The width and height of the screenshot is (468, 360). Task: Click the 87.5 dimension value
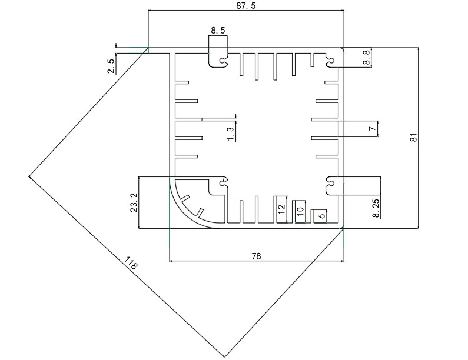(246, 5)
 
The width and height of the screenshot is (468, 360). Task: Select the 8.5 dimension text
(218, 31)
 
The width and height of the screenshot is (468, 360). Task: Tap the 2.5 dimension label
(111, 66)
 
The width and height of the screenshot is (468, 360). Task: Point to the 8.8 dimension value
(366, 57)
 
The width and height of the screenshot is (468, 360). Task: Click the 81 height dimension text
(413, 138)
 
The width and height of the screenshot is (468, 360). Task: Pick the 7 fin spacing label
(372, 129)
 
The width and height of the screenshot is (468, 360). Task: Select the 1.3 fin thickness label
(230, 134)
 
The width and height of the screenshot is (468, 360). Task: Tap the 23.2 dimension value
(134, 202)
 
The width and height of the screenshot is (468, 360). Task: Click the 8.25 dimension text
(376, 208)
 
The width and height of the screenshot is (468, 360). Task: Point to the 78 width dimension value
(257, 256)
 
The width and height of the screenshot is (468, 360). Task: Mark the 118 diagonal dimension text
(131, 263)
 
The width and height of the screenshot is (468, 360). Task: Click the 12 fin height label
(281, 209)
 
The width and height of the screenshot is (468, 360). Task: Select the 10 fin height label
(300, 211)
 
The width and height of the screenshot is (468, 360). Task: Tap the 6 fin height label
(322, 215)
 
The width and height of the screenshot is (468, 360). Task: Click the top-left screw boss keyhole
(223, 61)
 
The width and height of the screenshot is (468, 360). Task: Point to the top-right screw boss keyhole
(330, 60)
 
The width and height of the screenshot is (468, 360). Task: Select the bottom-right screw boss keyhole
(330, 182)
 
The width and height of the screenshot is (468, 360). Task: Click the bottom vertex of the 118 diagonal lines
(224, 356)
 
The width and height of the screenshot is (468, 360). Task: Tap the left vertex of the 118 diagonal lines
(29, 176)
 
